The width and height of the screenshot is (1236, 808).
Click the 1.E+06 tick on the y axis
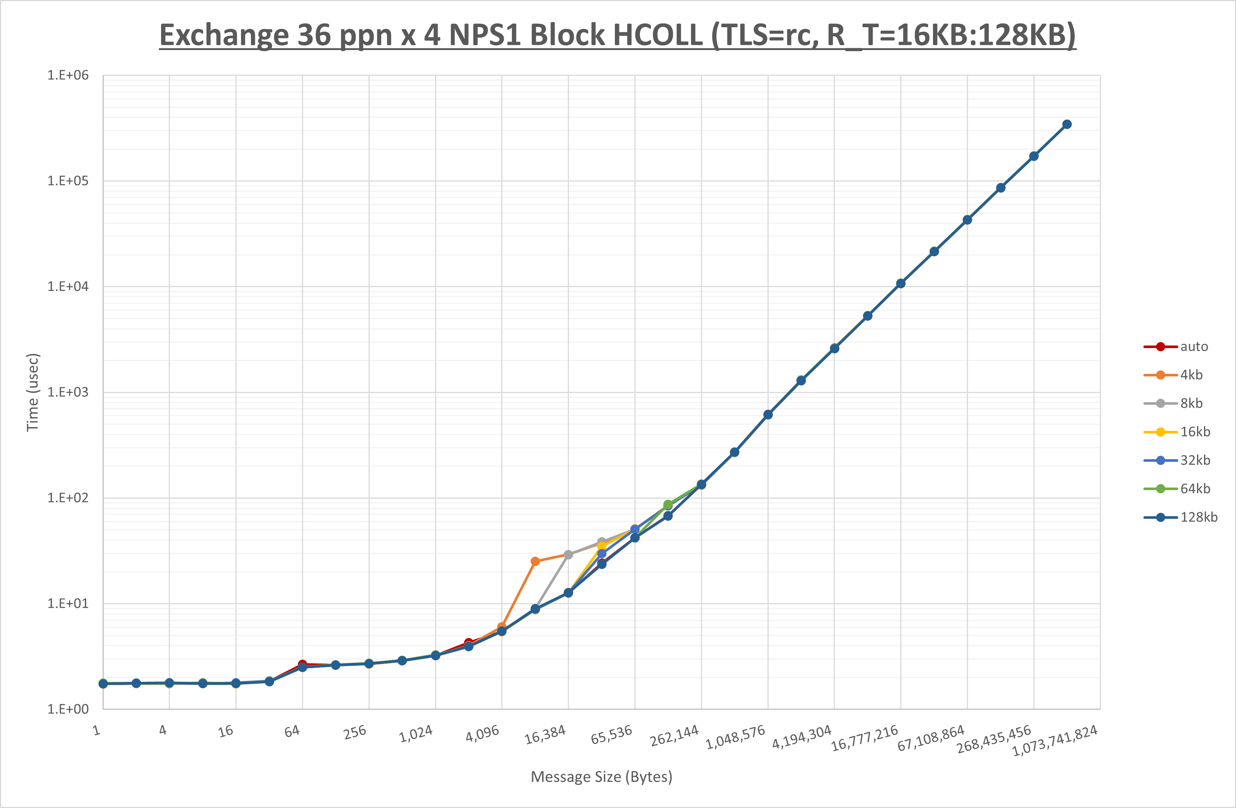(x=68, y=75)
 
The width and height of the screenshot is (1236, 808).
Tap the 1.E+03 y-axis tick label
(x=68, y=392)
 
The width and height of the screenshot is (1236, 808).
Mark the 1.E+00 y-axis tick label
(x=68, y=709)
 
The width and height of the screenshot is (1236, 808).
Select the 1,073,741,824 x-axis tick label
(x=1055, y=740)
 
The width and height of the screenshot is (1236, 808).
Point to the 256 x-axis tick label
(x=355, y=732)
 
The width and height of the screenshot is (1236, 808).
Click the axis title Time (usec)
(x=33, y=392)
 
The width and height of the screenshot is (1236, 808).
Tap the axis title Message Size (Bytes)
(x=601, y=777)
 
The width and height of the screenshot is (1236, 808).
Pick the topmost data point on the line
(x=1067, y=124)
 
